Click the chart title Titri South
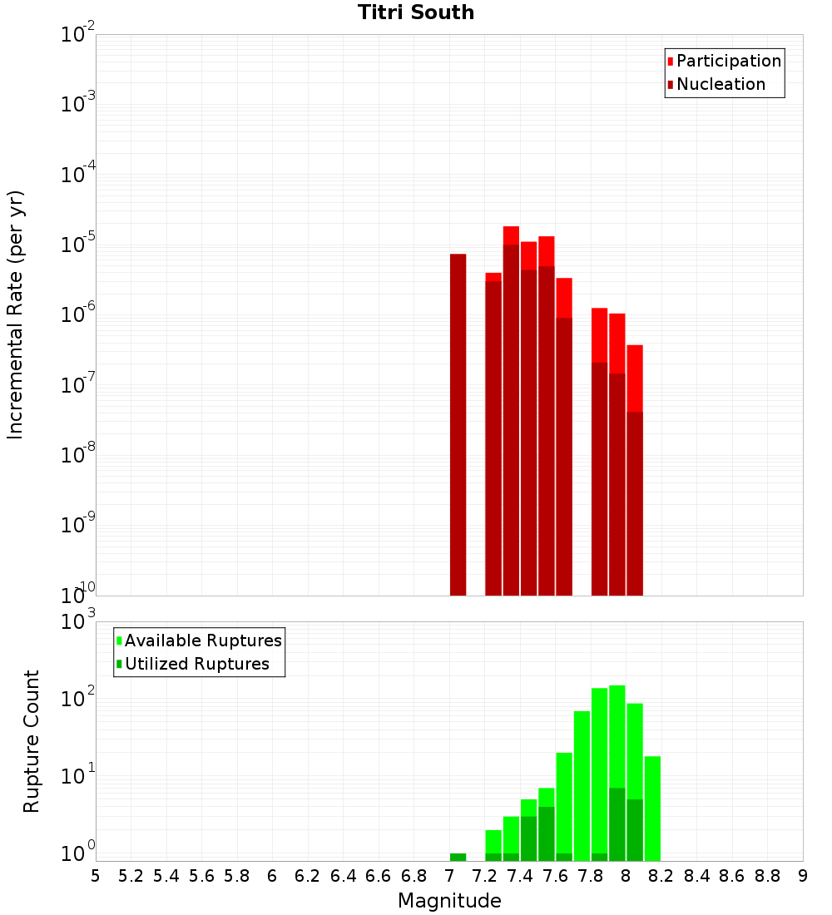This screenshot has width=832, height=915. click(x=416, y=13)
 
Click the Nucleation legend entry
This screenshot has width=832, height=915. click(x=721, y=84)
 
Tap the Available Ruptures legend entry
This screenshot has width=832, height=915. click(x=203, y=640)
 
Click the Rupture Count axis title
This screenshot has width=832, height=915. click(x=31, y=741)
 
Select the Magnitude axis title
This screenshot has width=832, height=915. click(x=449, y=901)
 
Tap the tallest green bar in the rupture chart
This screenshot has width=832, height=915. click(x=617, y=774)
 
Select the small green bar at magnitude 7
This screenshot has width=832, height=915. click(x=458, y=857)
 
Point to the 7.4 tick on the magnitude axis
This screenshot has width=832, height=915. click(x=519, y=876)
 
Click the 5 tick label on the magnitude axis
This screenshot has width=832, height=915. click(x=96, y=876)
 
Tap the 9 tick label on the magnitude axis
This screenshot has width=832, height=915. click(x=803, y=876)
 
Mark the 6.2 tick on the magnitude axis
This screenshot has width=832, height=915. click(x=307, y=876)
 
